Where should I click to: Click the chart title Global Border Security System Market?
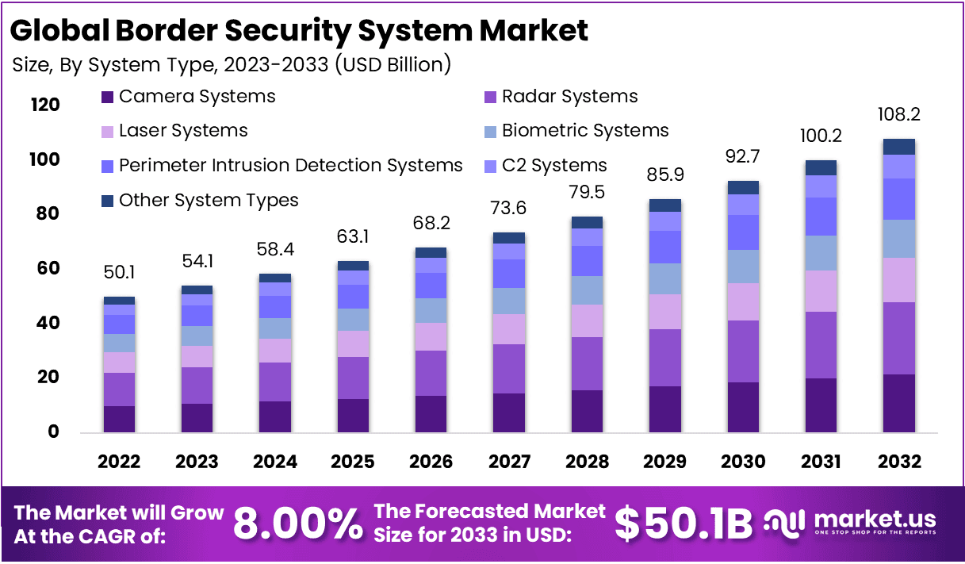(x=300, y=30)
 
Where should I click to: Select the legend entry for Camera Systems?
(x=197, y=97)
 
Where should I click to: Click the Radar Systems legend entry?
(x=569, y=97)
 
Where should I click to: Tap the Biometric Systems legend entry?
(x=585, y=131)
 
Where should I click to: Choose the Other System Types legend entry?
(x=209, y=201)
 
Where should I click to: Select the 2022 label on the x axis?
(x=119, y=462)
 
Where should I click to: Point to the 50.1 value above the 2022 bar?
(x=119, y=274)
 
